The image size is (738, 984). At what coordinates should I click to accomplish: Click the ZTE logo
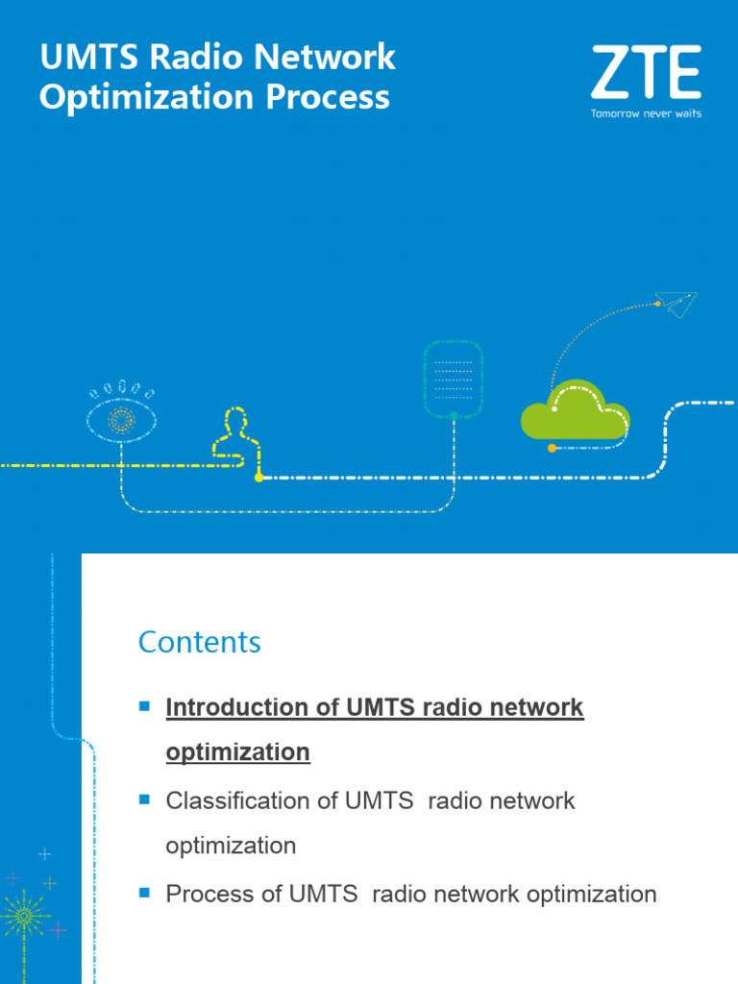pos(646,73)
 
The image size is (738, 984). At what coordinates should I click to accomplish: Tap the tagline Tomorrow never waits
pos(646,113)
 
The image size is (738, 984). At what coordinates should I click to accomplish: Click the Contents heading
pos(200,642)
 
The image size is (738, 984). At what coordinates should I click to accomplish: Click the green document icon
pos(453,378)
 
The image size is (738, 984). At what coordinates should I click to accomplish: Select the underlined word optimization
pos(238,751)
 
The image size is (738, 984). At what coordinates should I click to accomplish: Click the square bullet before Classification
pos(145,799)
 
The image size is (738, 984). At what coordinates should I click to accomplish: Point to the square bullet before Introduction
pos(145,706)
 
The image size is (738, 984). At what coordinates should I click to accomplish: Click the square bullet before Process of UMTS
pos(145,893)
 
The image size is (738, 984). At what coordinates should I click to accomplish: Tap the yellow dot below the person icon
pos(258,477)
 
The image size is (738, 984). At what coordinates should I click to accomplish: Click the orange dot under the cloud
pos(552,448)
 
